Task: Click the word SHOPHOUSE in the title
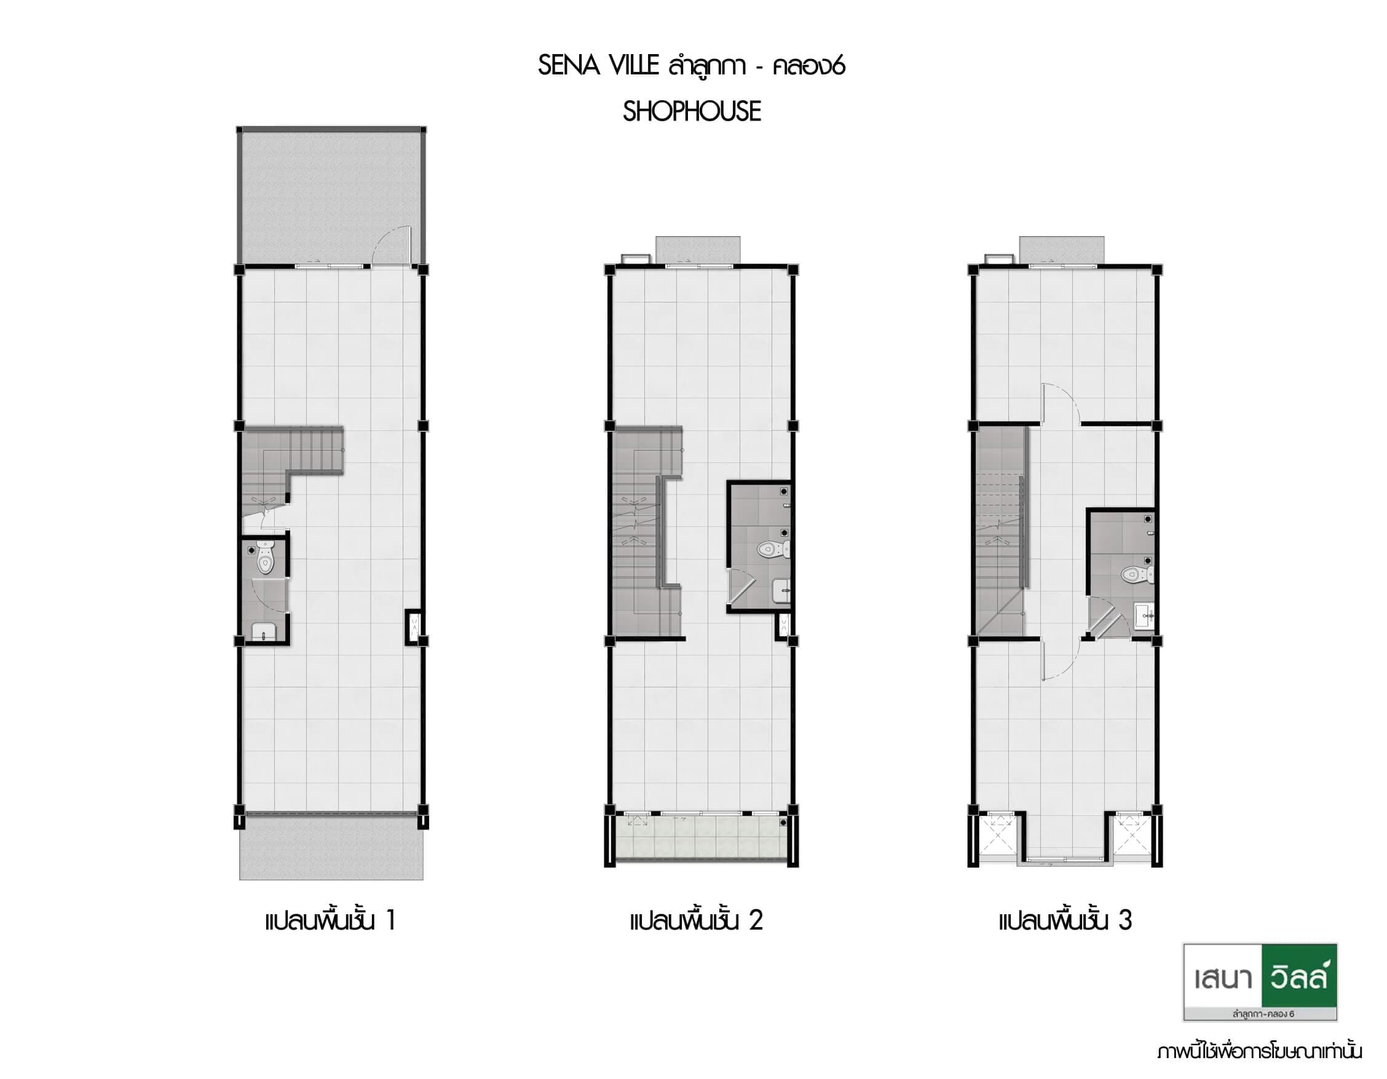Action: pyautogui.click(x=692, y=111)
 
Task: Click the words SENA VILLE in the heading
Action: pyautogui.click(x=599, y=65)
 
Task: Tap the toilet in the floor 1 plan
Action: pyautogui.click(x=266, y=558)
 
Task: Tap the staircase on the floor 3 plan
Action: pyautogui.click(x=1000, y=531)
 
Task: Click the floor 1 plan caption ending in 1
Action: pyautogui.click(x=331, y=920)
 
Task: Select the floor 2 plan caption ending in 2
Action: pyautogui.click(x=697, y=920)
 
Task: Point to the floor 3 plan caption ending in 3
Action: pyautogui.click(x=1065, y=920)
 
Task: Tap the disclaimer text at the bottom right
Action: pyautogui.click(x=1259, y=1052)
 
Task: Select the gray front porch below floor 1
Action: pyautogui.click(x=331, y=848)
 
